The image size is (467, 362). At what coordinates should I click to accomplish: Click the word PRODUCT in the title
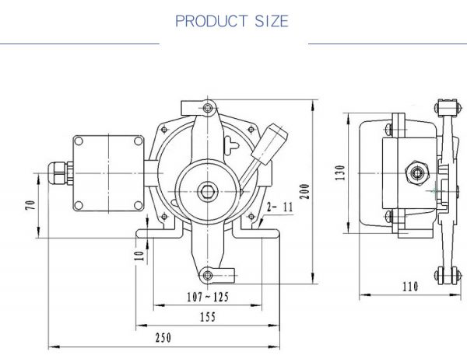(212, 21)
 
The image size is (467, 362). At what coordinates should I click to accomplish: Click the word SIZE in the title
(272, 21)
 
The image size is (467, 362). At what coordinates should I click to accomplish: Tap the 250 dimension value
(163, 338)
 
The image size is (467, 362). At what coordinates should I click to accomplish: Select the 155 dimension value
(208, 317)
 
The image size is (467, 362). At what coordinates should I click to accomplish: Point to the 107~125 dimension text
(208, 297)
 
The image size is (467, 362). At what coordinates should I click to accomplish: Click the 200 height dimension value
(304, 192)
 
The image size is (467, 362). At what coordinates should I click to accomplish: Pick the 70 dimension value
(30, 205)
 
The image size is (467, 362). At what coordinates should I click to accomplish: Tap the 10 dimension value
(139, 256)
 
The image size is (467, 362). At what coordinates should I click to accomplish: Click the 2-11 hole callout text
(280, 207)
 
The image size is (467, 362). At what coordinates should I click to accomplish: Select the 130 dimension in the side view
(340, 172)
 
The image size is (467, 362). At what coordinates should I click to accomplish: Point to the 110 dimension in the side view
(410, 287)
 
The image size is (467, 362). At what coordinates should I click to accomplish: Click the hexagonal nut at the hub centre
(208, 192)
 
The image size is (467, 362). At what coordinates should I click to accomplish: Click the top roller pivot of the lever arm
(208, 108)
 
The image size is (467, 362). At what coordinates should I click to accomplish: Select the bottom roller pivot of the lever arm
(208, 275)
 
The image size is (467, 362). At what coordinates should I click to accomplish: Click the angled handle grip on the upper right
(269, 144)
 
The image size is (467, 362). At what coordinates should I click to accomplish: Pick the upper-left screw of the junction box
(79, 141)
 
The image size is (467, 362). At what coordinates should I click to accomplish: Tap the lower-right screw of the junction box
(139, 205)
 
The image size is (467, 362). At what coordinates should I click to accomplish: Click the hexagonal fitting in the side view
(417, 172)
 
